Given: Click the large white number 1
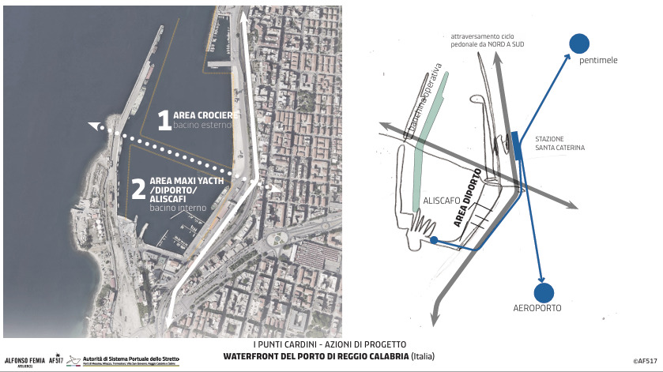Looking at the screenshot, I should pyautogui.click(x=164, y=120).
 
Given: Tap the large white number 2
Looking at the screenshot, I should pyautogui.click(x=137, y=189).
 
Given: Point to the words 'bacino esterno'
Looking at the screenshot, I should pyautogui.click(x=203, y=125).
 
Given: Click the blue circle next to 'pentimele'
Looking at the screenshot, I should pyautogui.click(x=579, y=43).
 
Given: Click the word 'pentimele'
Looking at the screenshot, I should pyautogui.click(x=598, y=61).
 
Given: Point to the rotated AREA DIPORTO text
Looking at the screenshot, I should pyautogui.click(x=468, y=199).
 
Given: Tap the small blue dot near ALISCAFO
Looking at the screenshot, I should pyautogui.click(x=433, y=239).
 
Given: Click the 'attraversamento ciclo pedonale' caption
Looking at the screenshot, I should pyautogui.click(x=488, y=41).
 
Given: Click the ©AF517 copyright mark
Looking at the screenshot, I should pyautogui.click(x=645, y=361).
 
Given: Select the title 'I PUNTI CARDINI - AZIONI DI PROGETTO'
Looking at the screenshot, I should pyautogui.click(x=330, y=345).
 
